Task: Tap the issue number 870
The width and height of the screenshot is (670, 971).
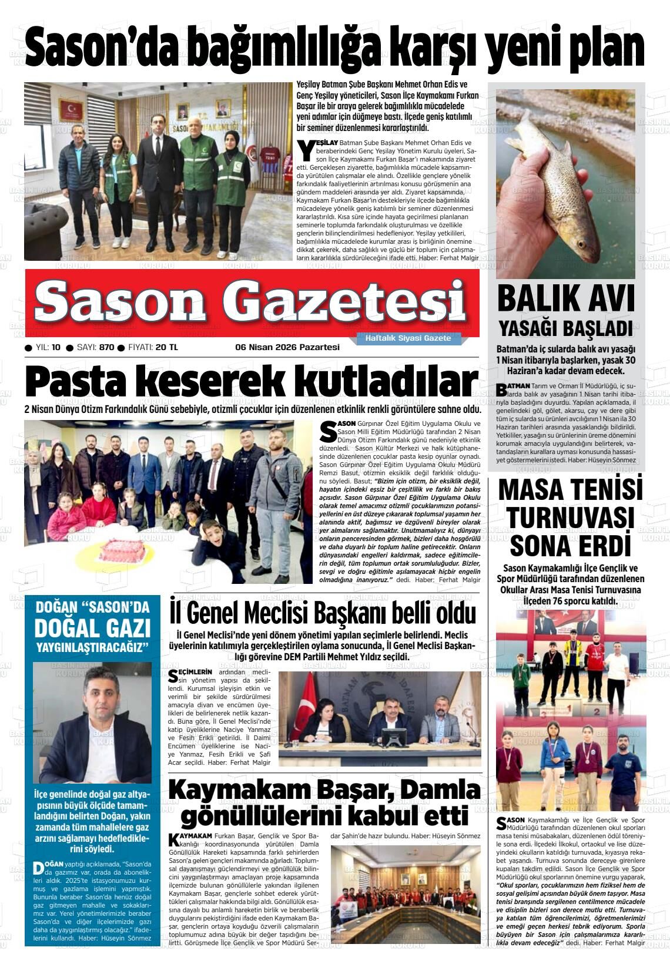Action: click(x=106, y=347)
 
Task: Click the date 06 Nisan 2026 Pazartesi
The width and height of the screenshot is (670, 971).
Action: click(x=287, y=347)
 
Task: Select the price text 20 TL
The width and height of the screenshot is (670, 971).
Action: click(x=166, y=347)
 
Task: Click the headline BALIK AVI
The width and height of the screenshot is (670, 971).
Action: click(x=566, y=298)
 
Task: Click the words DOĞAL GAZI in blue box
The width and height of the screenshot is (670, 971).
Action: click(x=93, y=629)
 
